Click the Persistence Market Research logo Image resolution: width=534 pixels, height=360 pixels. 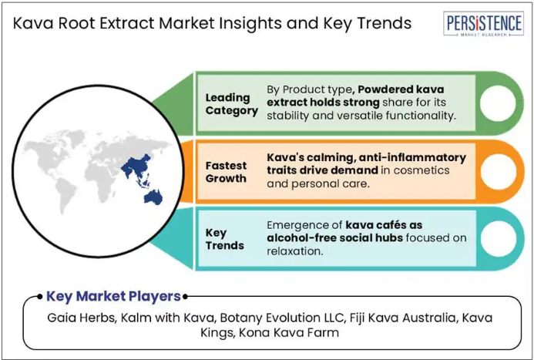[484, 24]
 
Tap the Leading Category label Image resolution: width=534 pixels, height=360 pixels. [232, 104]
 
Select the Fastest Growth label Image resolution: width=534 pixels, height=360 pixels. [226, 172]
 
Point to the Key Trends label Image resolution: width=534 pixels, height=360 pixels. [225, 239]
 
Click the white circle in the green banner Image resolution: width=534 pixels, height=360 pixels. [498, 103]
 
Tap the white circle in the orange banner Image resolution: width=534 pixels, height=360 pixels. [499, 171]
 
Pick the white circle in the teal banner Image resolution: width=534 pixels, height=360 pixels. [499, 239]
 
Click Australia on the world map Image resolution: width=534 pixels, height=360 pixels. [153, 197]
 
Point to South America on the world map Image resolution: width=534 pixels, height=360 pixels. [65, 195]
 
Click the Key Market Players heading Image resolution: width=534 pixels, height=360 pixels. [113, 296]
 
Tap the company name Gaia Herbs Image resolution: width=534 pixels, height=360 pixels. [81, 318]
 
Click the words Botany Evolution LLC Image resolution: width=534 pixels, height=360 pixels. [281, 318]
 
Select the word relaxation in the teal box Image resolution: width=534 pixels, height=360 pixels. [294, 251]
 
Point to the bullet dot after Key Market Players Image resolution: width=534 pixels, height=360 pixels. [185, 297]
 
